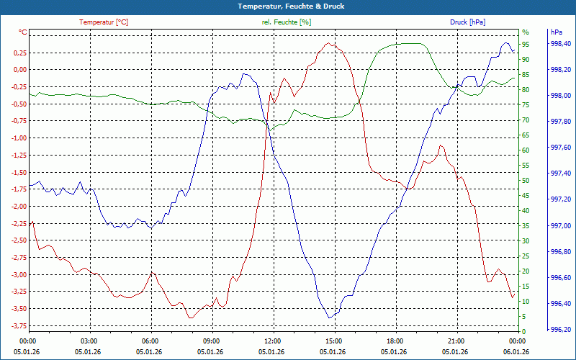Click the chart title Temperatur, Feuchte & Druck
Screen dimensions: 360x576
(287, 6)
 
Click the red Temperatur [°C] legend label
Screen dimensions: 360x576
(104, 22)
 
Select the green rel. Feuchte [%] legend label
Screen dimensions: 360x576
(287, 22)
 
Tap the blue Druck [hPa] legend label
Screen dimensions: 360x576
(467, 22)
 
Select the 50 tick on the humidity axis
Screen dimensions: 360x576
(526, 181)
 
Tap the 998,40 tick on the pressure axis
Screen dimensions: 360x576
(561, 45)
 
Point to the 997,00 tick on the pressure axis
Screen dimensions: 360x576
(561, 226)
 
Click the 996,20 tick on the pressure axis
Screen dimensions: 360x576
(561, 330)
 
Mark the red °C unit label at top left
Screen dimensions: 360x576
(22, 32)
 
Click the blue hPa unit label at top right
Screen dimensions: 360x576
(556, 32)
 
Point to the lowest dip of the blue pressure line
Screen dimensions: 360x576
(330, 318)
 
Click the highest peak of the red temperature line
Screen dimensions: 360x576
(329, 43)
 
